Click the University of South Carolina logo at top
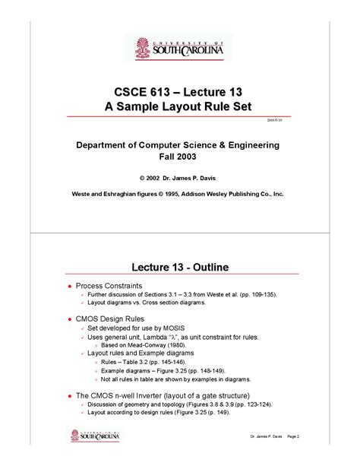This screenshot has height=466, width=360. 179,48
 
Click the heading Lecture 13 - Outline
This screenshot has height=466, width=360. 180,267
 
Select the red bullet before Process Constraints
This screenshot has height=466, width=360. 70,286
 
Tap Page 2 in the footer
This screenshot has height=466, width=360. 293,436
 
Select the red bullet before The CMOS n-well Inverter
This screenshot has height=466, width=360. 70,395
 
